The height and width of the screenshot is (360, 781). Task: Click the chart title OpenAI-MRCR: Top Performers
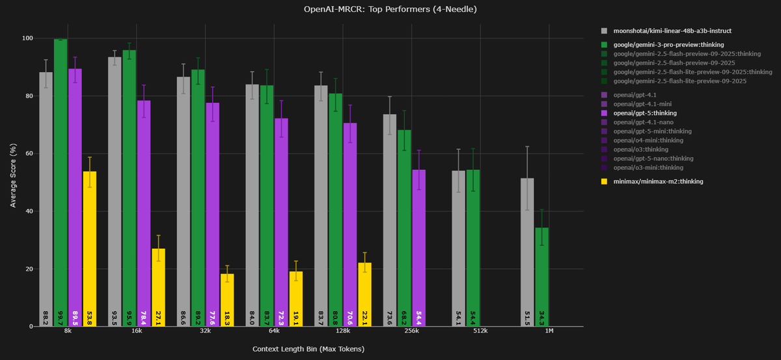[x=390, y=9]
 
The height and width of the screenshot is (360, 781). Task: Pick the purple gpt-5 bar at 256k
[x=419, y=248]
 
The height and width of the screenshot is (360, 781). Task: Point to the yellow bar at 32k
[x=227, y=299]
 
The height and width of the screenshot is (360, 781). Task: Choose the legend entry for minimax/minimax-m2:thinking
[x=658, y=182]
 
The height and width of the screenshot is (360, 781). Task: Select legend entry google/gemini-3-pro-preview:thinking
[x=664, y=45]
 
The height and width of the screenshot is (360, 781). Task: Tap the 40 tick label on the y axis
[x=29, y=211]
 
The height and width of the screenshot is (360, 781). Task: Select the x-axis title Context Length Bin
[x=308, y=349]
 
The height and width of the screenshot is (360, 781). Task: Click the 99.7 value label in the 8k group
[x=61, y=317]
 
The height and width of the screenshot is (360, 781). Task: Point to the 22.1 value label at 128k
[x=364, y=317]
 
